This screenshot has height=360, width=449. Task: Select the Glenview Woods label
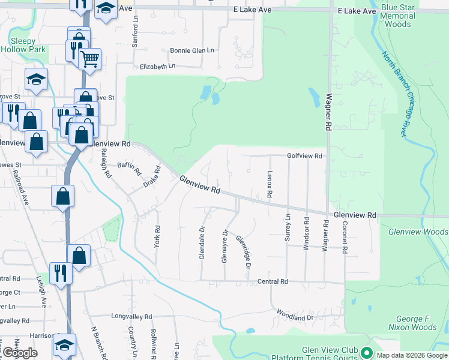(x=418, y=232)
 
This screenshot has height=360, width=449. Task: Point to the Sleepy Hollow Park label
(x=28, y=45)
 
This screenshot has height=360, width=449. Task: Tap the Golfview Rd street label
(x=305, y=156)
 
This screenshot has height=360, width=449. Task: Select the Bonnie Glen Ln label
(x=192, y=51)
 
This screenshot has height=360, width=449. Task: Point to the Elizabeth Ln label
(x=158, y=66)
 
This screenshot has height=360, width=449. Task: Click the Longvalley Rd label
(x=131, y=316)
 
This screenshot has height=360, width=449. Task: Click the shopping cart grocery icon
(x=90, y=59)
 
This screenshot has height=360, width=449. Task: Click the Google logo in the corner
(x=19, y=353)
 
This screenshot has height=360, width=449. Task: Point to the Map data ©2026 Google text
(x=412, y=355)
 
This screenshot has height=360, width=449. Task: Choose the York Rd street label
(x=157, y=237)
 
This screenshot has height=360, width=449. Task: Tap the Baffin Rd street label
(x=130, y=169)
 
